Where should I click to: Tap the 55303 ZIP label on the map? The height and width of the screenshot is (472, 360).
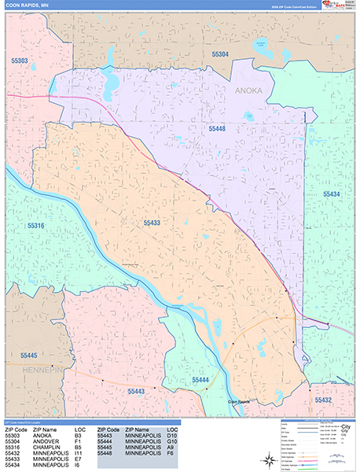pos(19,60)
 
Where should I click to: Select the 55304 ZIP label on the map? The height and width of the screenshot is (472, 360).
pos(220,53)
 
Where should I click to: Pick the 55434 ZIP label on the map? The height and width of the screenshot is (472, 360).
pos(331,193)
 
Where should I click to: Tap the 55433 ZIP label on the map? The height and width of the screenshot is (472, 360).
pos(152,223)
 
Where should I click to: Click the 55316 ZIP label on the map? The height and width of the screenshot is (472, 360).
pos(36,226)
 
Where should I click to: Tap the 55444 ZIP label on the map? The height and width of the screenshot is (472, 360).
pos(201,381)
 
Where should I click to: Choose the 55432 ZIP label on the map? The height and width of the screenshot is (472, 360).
pos(324,400)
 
